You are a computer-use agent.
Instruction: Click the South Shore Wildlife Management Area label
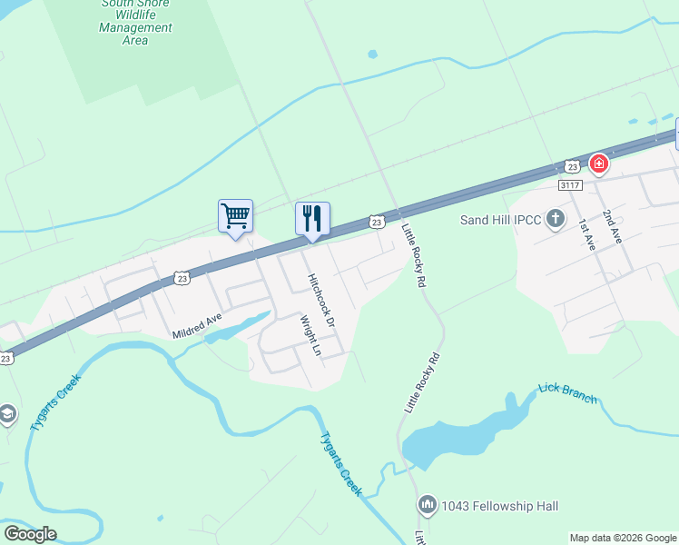click(136, 22)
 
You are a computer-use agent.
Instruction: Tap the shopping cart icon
click(235, 216)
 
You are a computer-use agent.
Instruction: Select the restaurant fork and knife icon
click(312, 218)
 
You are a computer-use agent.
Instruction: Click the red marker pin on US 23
click(598, 163)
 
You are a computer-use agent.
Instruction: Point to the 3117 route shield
click(570, 184)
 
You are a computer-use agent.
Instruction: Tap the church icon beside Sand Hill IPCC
click(556, 219)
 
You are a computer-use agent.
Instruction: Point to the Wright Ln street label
click(310, 335)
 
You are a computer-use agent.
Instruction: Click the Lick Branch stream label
click(568, 393)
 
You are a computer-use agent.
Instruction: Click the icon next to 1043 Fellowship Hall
click(428, 505)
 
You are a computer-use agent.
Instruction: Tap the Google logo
click(31, 534)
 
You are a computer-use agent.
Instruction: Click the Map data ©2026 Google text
click(622, 538)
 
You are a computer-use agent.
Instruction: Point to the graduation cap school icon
click(5, 414)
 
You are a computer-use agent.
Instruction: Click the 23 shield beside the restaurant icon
click(377, 222)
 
